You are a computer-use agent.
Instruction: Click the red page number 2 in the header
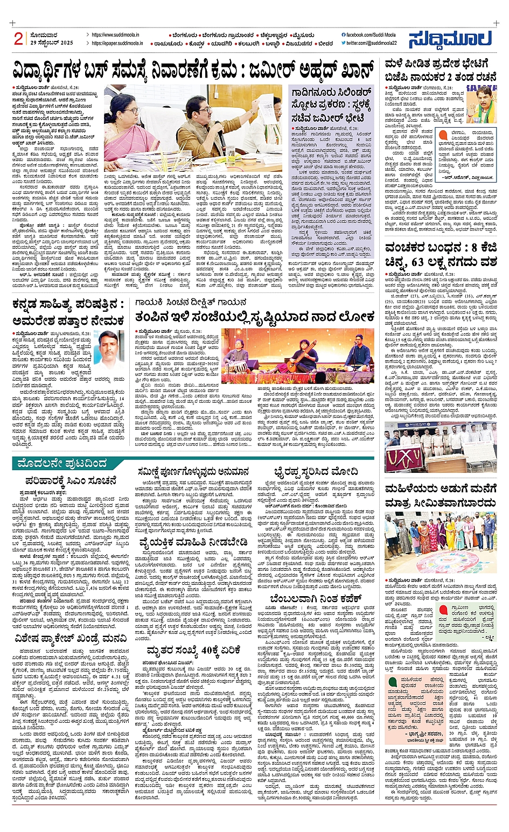tap(19, 39)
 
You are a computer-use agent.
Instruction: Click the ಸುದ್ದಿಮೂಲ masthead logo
tap(450, 39)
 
